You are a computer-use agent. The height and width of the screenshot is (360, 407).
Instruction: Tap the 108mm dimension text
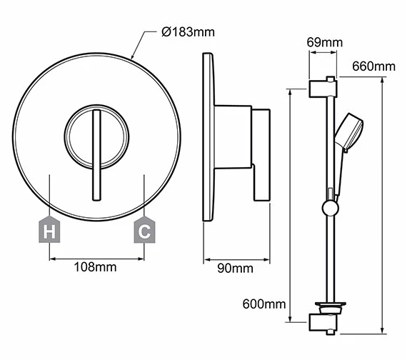tap(96, 267)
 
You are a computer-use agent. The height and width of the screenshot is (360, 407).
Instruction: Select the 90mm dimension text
tap(236, 269)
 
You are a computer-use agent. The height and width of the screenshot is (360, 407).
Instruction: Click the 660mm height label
tap(373, 66)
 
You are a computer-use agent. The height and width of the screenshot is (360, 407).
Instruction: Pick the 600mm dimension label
tap(263, 305)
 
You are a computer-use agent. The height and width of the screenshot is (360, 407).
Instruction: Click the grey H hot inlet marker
tap(49, 231)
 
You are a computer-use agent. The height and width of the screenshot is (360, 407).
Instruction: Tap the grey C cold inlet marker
tap(144, 231)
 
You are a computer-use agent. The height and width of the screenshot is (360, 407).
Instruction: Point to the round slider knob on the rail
tap(329, 208)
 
